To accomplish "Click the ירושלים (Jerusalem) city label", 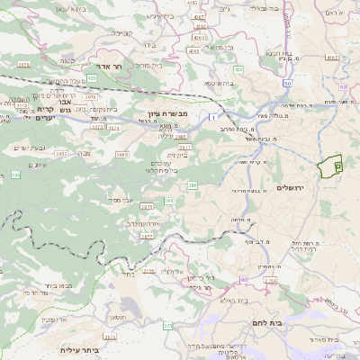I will click(x=292, y=186).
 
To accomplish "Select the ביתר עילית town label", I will click(x=78, y=349).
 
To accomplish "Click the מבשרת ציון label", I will click(x=166, y=114).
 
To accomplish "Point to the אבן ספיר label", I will click(x=121, y=199).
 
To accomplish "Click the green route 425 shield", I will click(x=91, y=77).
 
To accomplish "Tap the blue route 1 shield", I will click(x=211, y=117).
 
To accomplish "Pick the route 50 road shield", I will click(x=287, y=83).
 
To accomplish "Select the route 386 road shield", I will click(x=192, y=185).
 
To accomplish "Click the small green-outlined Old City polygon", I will click(x=331, y=166).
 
